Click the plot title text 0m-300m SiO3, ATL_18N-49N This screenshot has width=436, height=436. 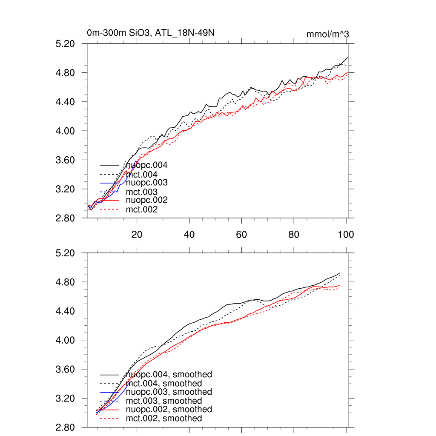click(153, 33)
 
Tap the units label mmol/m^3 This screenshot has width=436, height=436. click(327, 34)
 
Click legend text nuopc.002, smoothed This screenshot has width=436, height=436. click(169, 409)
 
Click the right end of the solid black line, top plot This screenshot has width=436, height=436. click(347, 57)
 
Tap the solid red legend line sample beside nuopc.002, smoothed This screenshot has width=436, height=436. click(109, 410)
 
